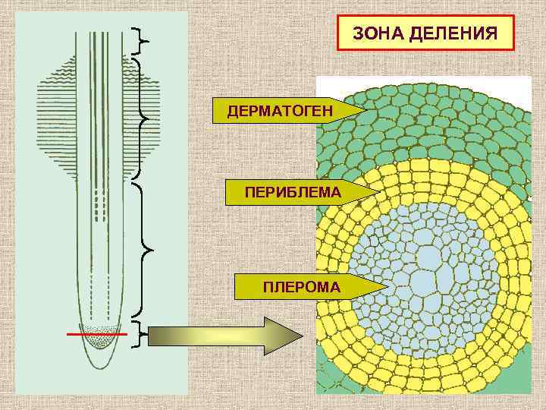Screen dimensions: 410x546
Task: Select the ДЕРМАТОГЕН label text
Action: pyautogui.click(x=280, y=112)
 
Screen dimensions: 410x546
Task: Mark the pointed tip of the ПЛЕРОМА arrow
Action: pyautogui.click(x=386, y=286)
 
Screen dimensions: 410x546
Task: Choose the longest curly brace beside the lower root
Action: pyautogui.click(x=142, y=248)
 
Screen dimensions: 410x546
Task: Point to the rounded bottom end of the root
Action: pyautogui.click(x=100, y=365)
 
